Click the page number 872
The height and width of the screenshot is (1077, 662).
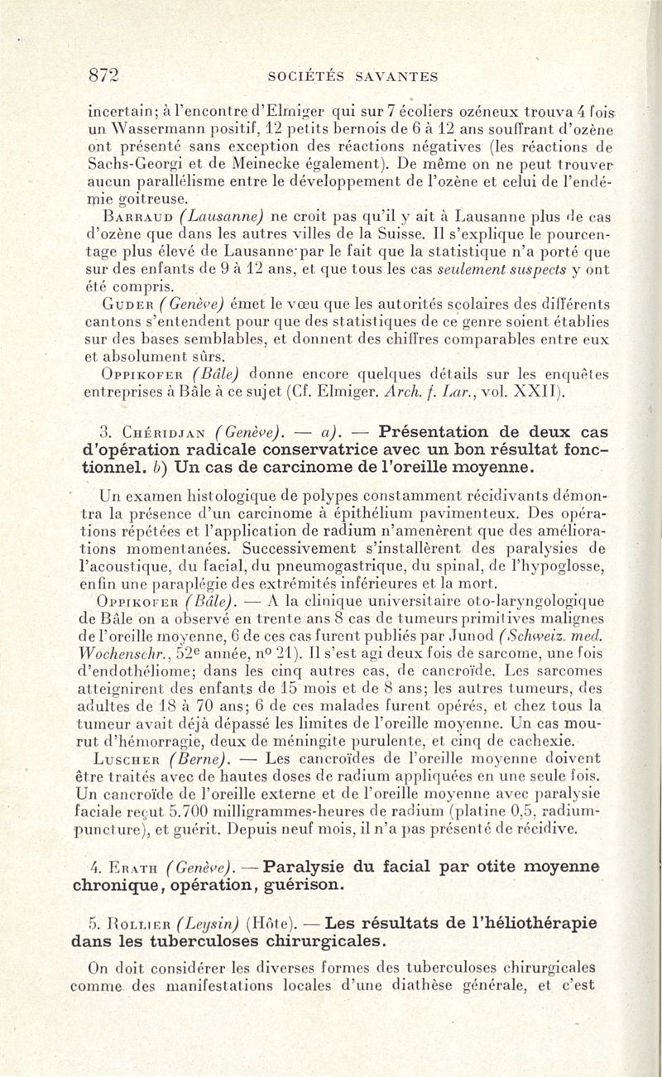(x=106, y=77)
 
